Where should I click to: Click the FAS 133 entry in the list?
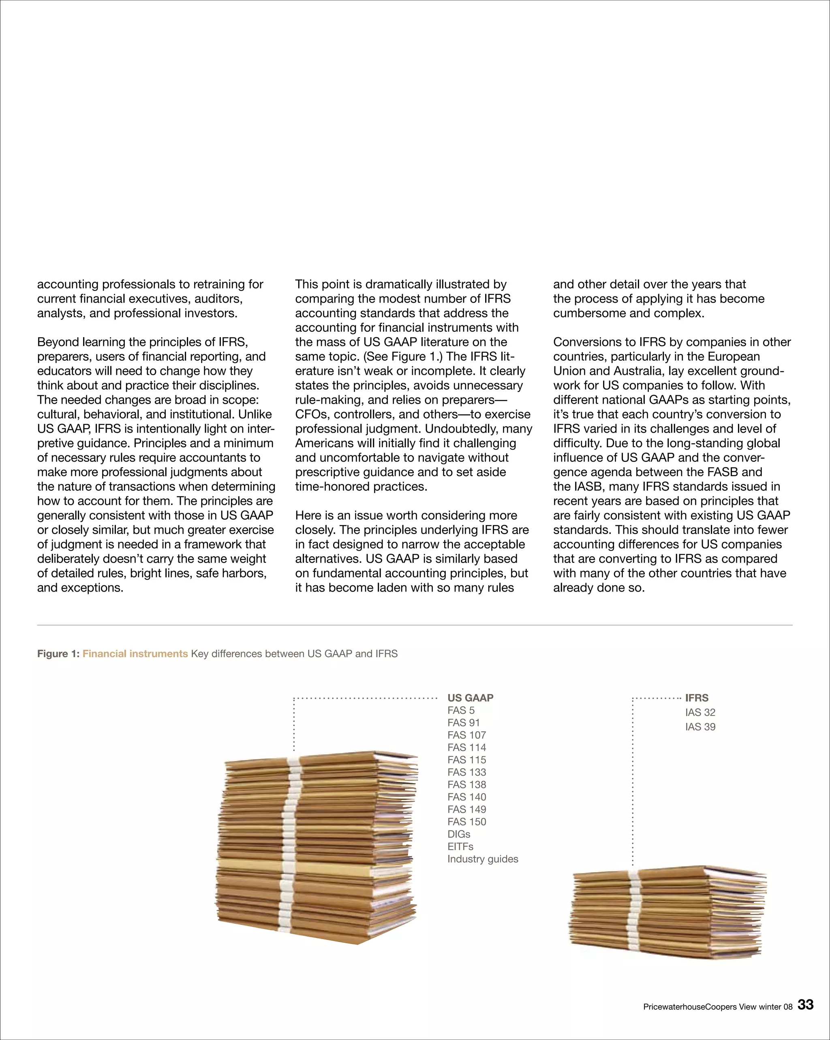click(466, 772)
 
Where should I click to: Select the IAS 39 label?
click(700, 727)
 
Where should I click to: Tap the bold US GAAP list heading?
click(470, 698)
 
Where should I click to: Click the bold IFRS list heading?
click(696, 698)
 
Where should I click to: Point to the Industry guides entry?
click(483, 859)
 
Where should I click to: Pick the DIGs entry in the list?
click(458, 834)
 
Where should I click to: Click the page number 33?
click(805, 1005)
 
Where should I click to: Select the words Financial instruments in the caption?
click(135, 653)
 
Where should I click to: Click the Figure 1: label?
click(58, 653)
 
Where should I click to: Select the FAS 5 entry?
click(460, 711)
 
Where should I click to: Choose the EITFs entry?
click(460, 847)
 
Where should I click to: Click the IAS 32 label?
click(700, 713)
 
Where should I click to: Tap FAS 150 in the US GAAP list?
click(466, 822)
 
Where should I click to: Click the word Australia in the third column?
click(637, 371)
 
